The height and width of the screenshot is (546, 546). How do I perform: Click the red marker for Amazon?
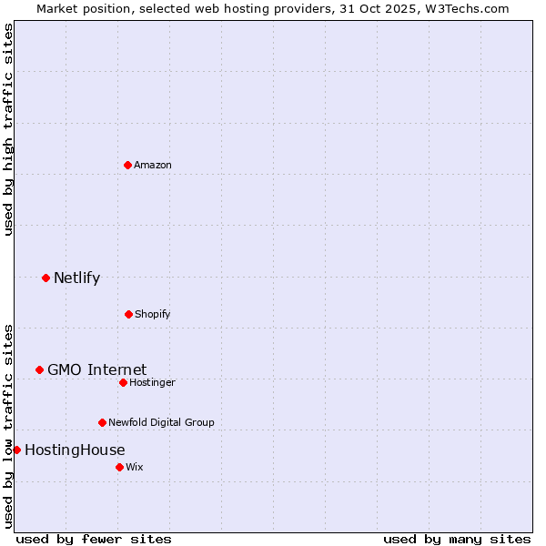pyautogui.click(x=128, y=165)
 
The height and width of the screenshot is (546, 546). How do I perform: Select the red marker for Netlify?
pyautogui.click(x=45, y=278)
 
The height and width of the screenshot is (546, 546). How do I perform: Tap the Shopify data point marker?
pyautogui.click(x=128, y=314)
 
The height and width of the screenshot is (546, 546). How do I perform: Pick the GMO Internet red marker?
pyautogui.click(x=39, y=369)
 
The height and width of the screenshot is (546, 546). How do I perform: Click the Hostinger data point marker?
pyautogui.click(x=123, y=382)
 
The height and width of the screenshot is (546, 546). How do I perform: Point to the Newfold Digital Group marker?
pyautogui.click(x=102, y=422)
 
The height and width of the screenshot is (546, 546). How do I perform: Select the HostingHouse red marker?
pyautogui.click(x=16, y=450)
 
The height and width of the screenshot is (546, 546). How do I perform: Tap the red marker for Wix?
pyautogui.click(x=119, y=467)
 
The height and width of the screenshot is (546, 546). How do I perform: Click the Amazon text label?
pyautogui.click(x=153, y=165)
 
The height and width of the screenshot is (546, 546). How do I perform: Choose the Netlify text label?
pyautogui.click(x=76, y=278)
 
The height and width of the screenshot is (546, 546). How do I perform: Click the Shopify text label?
pyautogui.click(x=153, y=314)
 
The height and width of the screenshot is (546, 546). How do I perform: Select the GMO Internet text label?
pyautogui.click(x=96, y=369)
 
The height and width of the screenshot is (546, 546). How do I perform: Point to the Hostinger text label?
pyautogui.click(x=152, y=382)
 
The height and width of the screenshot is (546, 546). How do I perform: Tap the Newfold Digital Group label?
pyautogui.click(x=161, y=422)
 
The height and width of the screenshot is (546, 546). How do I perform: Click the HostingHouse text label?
pyautogui.click(x=75, y=450)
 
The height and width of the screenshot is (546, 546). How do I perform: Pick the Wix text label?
pyautogui.click(x=135, y=467)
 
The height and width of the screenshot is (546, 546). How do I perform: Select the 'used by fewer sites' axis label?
pyautogui.click(x=94, y=539)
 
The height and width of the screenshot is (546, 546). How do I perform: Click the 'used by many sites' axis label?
pyautogui.click(x=457, y=539)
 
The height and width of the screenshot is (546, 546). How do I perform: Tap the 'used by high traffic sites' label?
pyautogui.click(x=8, y=129)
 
